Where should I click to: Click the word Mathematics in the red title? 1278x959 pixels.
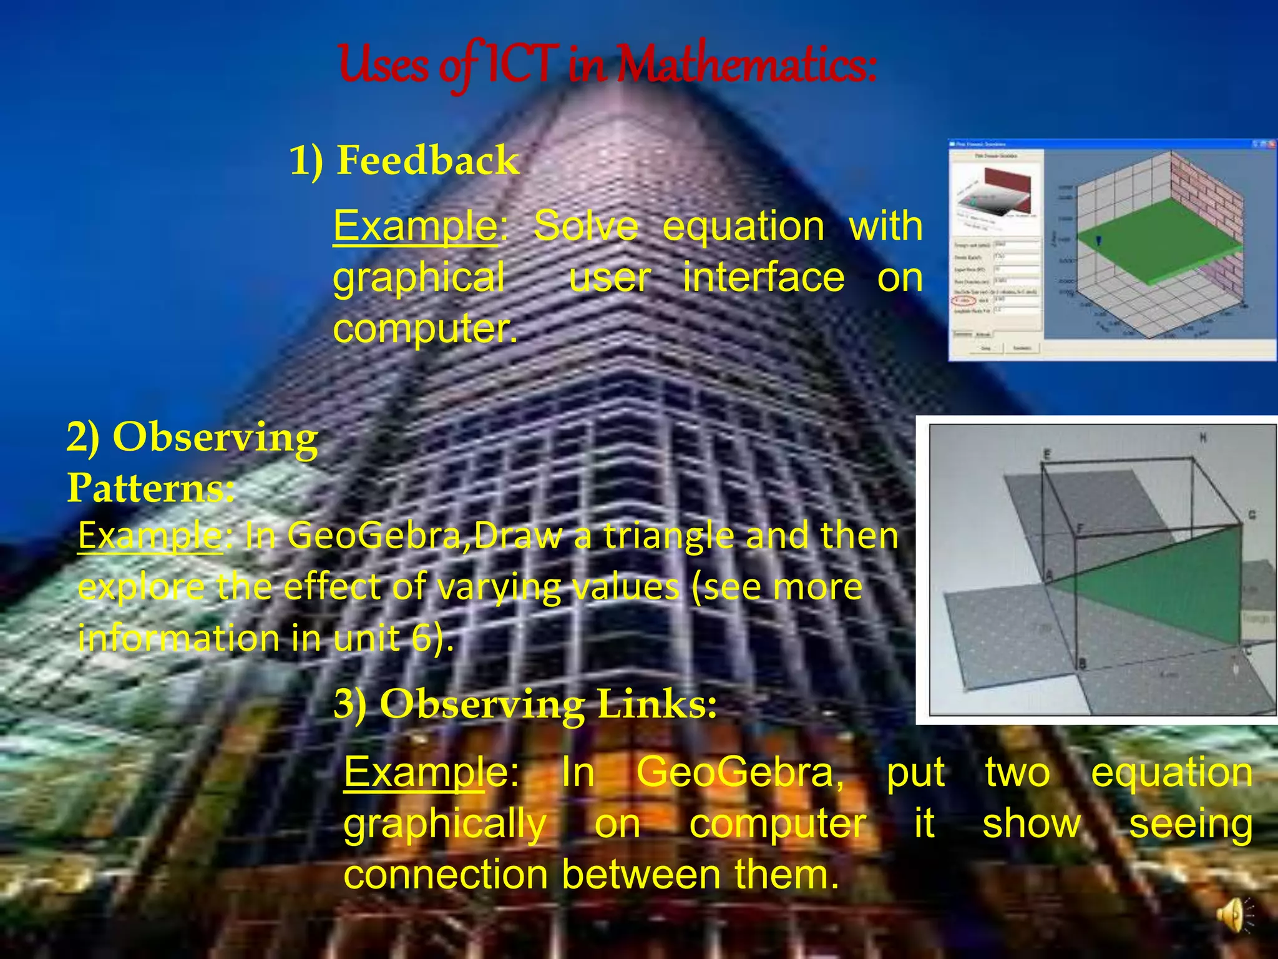coord(746,66)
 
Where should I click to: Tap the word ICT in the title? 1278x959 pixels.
coord(518,66)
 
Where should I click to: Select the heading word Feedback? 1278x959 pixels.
coord(427,160)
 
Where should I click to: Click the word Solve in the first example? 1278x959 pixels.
coord(585,226)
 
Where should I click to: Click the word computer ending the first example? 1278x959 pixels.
coord(424,328)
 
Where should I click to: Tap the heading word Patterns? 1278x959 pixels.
coord(150,488)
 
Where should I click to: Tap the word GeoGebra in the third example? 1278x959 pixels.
coord(739,772)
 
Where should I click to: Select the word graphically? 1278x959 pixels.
coord(445,824)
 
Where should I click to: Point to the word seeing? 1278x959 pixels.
coord(1191,824)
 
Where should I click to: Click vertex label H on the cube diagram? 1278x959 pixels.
coord(1202,438)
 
